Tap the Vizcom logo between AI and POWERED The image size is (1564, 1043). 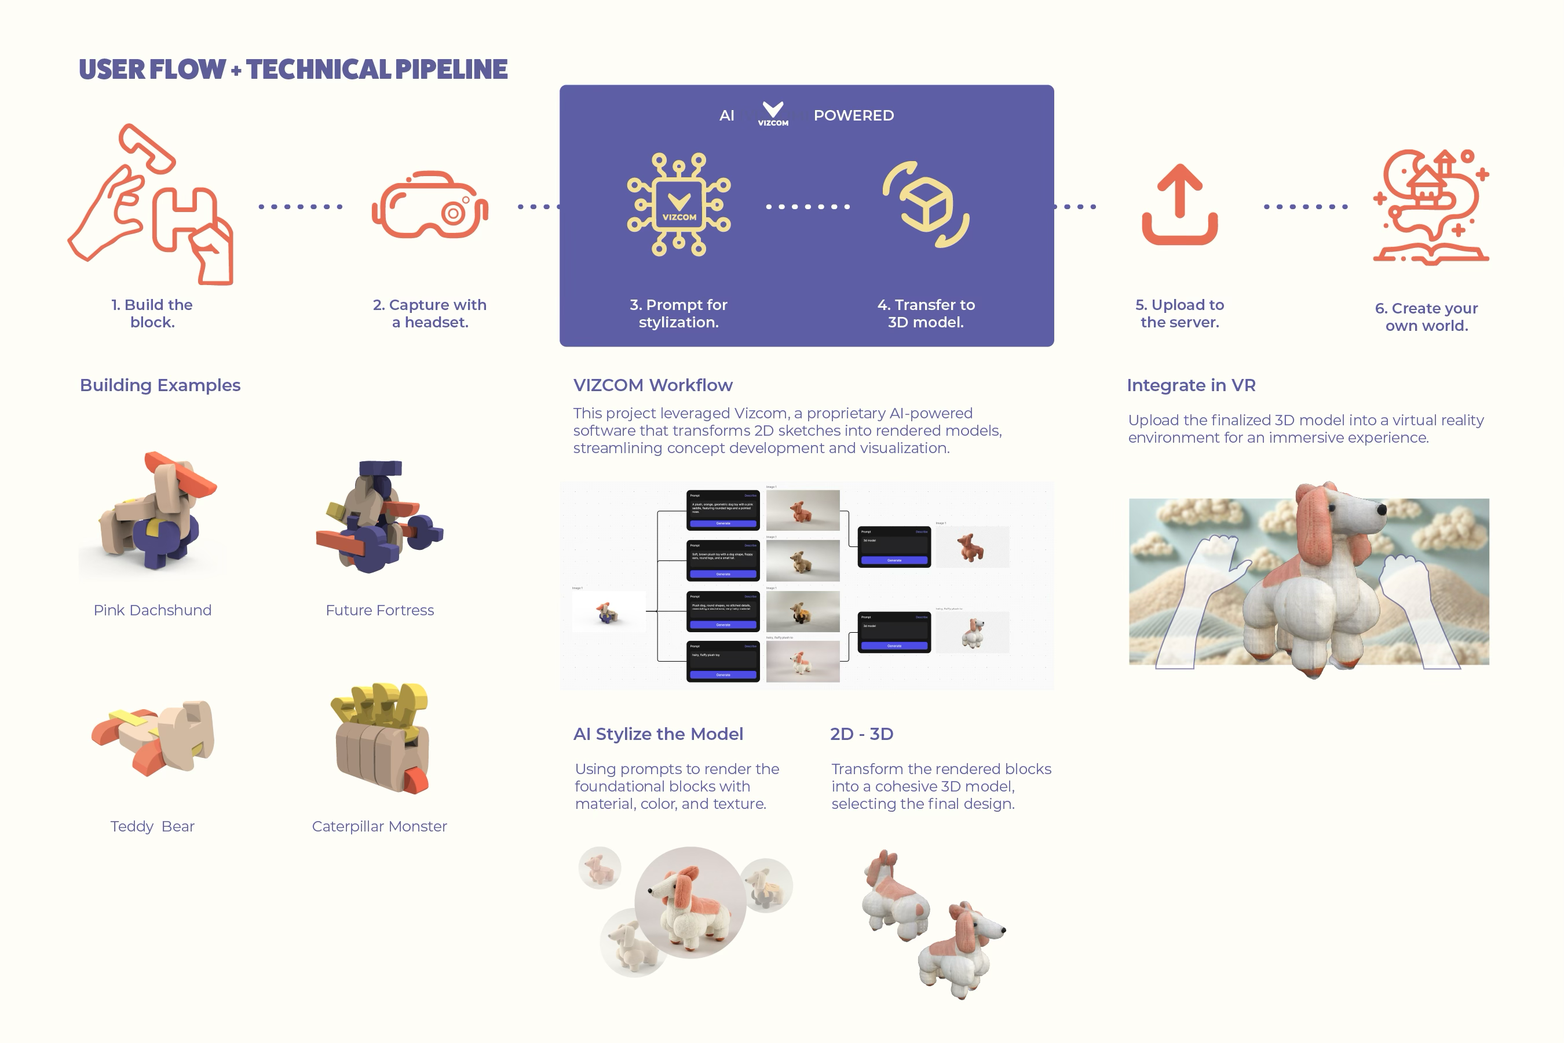pos(773,114)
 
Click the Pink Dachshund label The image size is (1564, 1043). pos(152,610)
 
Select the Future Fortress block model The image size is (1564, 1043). pos(379,517)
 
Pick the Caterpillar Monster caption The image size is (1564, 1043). pos(379,826)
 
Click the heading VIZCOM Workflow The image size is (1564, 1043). pos(652,385)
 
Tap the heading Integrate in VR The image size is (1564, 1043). pos(1191,385)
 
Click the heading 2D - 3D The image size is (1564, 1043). pos(861,734)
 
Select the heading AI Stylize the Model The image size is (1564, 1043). pos(657,734)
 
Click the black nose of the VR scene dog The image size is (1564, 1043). pos(1381,509)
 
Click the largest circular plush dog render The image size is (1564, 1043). pos(690,902)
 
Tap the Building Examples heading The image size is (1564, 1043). pos(160,385)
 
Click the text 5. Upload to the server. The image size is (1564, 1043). pos(1179,313)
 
